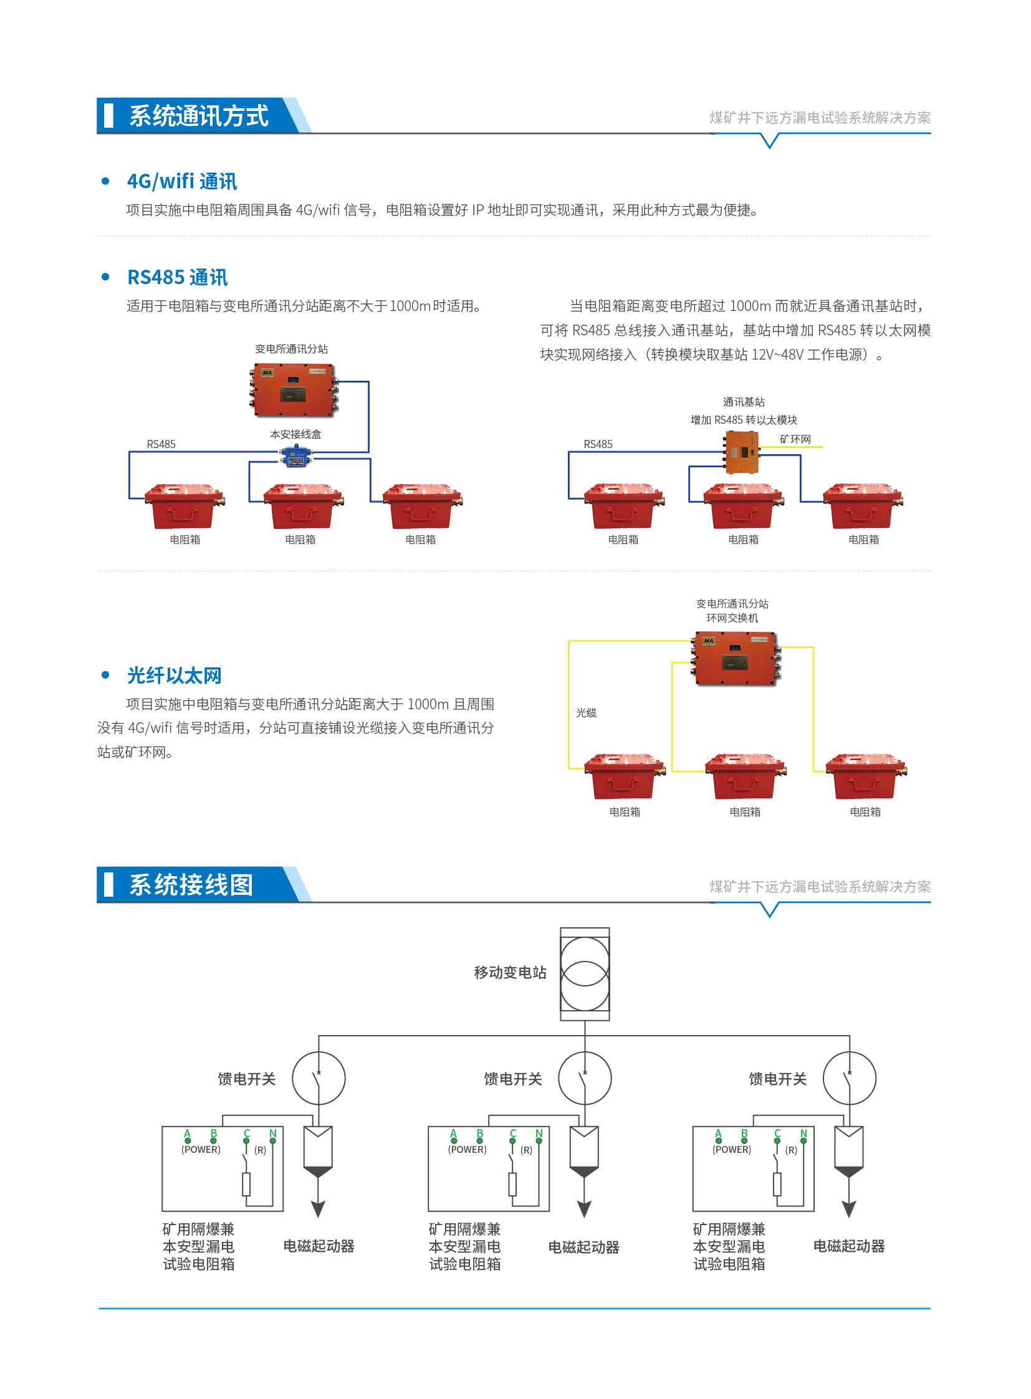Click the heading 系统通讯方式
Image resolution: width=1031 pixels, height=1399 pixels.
(198, 116)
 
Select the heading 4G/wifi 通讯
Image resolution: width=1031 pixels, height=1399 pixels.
(181, 181)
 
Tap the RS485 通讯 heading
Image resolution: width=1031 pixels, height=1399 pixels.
(177, 278)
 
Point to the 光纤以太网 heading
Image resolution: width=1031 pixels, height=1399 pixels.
(174, 675)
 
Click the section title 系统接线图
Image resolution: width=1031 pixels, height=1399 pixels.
(190, 885)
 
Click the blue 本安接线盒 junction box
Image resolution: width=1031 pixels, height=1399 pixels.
(297, 456)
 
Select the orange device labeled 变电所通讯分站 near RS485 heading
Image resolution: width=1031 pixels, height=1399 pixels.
(292, 390)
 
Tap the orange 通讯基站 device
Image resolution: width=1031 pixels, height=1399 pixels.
(742, 451)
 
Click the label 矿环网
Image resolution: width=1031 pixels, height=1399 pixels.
(795, 439)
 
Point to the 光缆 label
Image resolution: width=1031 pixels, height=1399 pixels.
(586, 713)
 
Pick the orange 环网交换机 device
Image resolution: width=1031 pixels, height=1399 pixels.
(736, 657)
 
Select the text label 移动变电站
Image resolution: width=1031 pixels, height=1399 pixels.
(510, 973)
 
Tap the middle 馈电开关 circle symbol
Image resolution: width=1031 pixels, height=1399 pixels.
(584, 1078)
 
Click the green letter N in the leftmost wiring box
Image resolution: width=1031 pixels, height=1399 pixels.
(273, 1133)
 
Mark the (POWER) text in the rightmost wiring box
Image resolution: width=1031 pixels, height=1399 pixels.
(731, 1149)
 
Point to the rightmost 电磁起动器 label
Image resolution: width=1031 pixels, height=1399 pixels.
(849, 1246)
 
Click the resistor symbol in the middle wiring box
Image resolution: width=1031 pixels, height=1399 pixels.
(512, 1185)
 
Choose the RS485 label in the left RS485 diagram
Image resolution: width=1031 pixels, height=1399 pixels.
(161, 444)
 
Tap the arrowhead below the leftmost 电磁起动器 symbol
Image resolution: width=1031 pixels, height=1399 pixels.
(319, 1210)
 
